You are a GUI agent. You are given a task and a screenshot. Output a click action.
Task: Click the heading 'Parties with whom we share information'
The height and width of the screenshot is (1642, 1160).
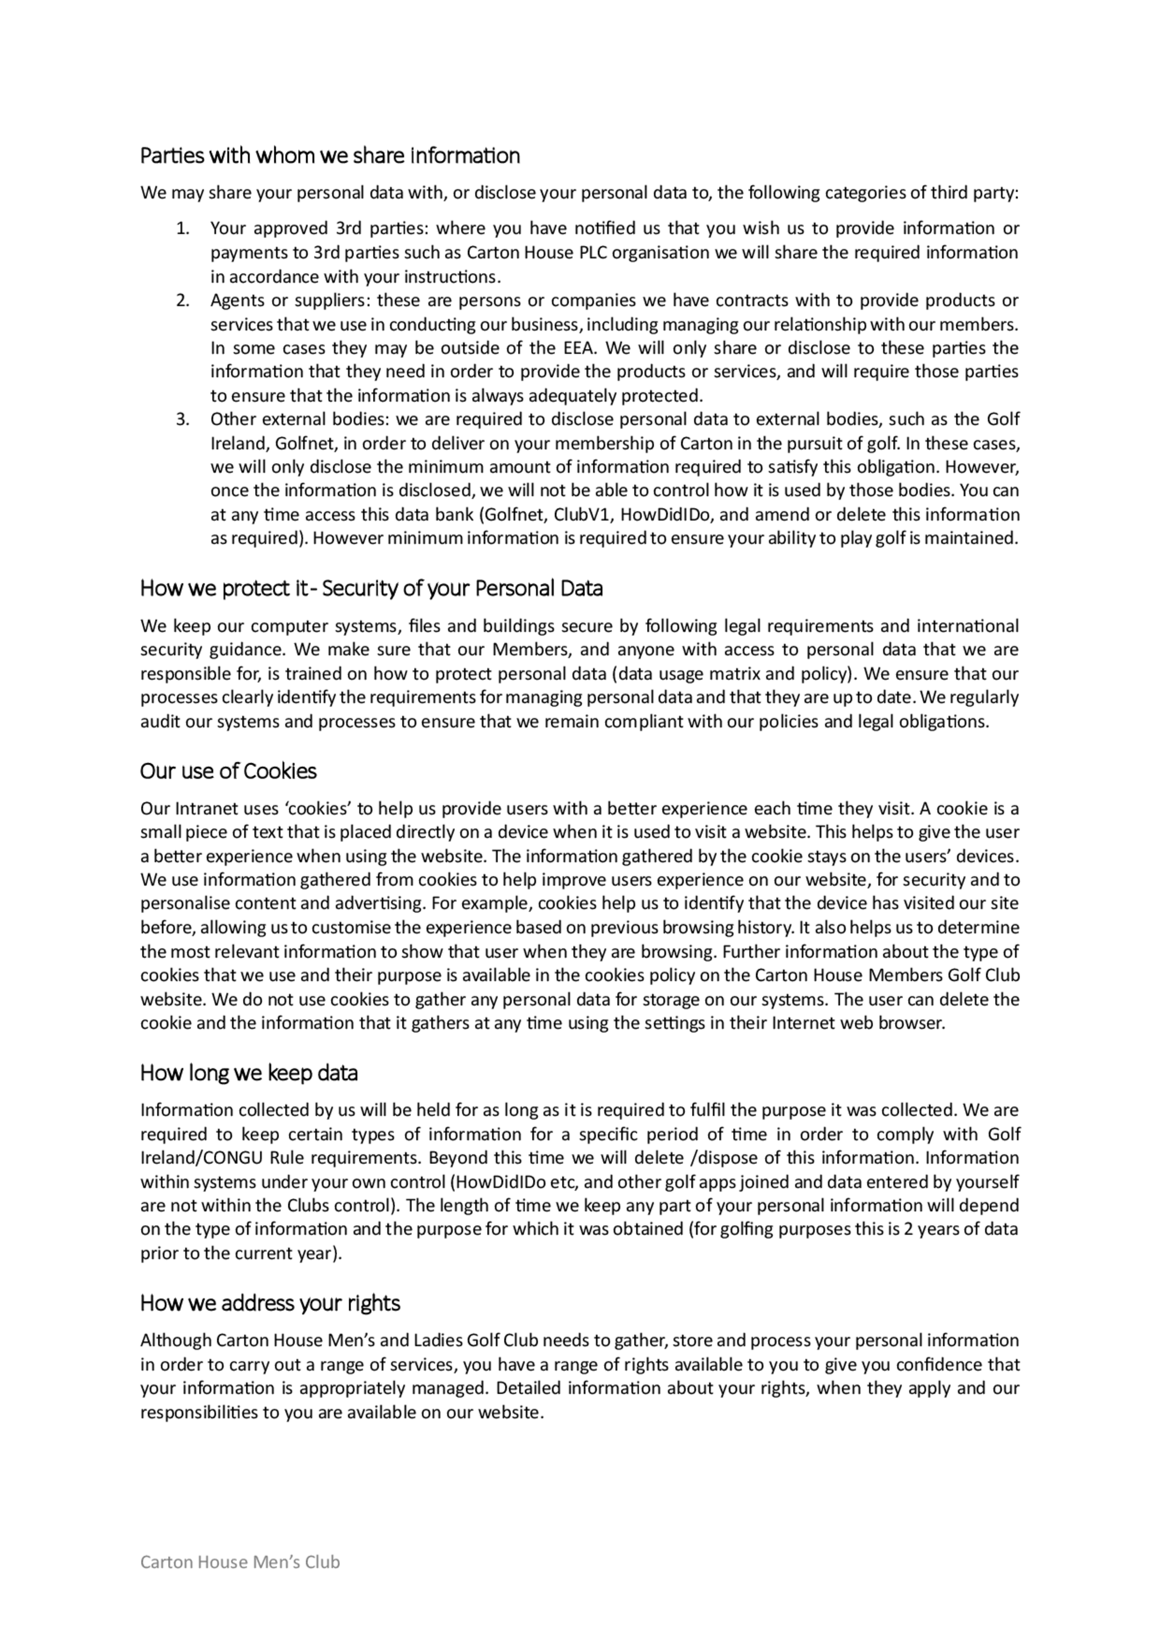tap(329, 156)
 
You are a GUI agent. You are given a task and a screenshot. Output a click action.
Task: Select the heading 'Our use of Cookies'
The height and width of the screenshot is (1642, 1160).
tap(228, 771)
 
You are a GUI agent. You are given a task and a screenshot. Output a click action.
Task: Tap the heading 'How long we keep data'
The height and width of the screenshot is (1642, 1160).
tap(249, 1073)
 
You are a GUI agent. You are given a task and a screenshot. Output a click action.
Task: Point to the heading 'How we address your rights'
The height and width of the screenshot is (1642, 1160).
tap(270, 1303)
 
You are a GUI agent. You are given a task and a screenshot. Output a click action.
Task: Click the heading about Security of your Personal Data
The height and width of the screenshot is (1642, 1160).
tap(371, 589)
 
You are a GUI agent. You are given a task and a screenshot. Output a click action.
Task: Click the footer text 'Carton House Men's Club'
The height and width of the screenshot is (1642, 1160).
tap(240, 1582)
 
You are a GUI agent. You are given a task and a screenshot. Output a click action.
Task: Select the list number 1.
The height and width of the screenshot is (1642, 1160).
tap(182, 229)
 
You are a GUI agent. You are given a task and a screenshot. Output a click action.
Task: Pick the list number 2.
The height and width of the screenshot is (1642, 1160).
tap(182, 301)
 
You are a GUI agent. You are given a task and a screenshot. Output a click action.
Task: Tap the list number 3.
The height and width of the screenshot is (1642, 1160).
tap(182, 419)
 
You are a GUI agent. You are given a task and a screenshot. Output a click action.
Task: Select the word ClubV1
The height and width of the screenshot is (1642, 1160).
tap(579, 515)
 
